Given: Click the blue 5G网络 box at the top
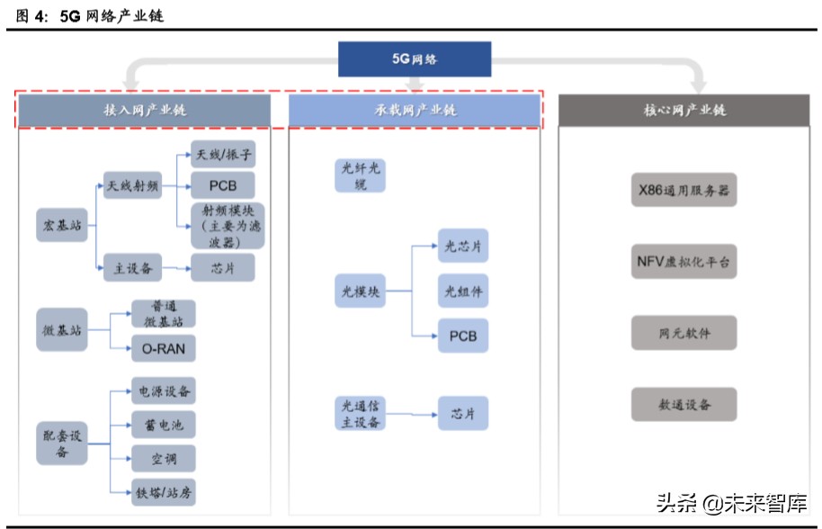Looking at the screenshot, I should [415, 58].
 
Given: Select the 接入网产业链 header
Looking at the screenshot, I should [145, 110].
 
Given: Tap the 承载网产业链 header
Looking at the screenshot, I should [415, 110].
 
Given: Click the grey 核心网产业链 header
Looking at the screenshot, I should [684, 110].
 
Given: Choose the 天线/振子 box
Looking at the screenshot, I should [222, 155].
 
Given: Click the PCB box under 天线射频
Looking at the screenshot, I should [222, 185].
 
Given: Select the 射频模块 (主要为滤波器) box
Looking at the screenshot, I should [228, 225].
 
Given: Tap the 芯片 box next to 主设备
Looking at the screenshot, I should [222, 267].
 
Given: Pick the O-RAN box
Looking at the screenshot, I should [163, 348].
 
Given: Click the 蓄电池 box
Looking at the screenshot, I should [163, 424].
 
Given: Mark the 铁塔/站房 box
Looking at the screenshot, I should [163, 492].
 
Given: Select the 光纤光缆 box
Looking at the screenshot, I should [361, 175].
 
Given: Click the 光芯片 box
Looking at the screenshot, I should [463, 246].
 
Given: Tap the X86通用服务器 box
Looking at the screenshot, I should [684, 190].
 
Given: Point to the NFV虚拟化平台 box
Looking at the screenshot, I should [684, 262].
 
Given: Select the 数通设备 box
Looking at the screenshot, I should [684, 405].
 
